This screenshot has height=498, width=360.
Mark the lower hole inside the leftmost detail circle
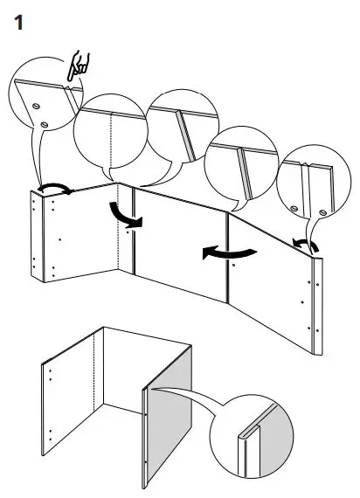coord(43,126)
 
